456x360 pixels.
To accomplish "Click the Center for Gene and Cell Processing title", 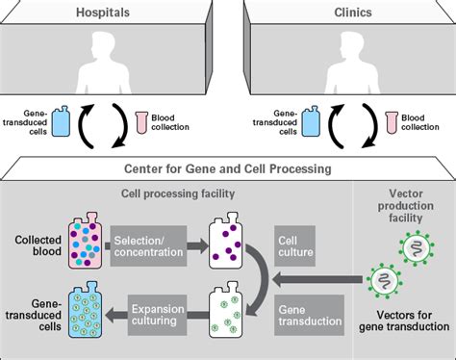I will click(x=227, y=169).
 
